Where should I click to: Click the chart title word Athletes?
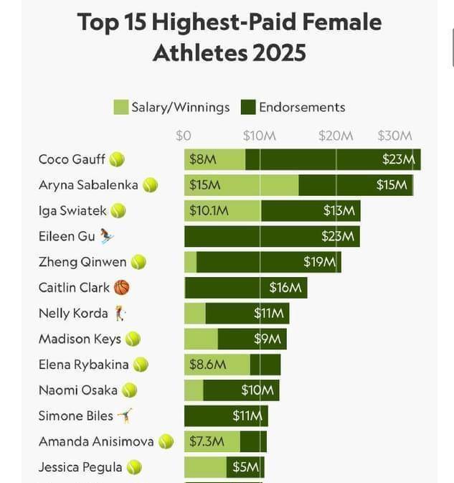tap(191, 53)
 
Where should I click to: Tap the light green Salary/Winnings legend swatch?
tap(120, 108)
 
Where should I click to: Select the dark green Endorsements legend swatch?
tap(248, 108)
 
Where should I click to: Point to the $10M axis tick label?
tap(259, 136)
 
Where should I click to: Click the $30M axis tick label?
tap(394, 136)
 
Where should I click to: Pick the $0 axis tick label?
tap(184, 136)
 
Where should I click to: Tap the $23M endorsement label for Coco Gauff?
tap(398, 159)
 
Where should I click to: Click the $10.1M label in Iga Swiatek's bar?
tap(209, 211)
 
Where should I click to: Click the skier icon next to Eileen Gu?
tap(106, 236)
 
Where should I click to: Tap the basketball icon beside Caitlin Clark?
tap(122, 288)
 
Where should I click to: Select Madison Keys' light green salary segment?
tap(201, 339)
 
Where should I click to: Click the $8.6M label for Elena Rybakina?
tap(207, 365)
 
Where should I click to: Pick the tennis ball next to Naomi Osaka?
tap(129, 390)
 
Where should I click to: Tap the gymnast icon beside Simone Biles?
tap(125, 416)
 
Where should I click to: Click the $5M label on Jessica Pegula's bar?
tap(245, 467)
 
